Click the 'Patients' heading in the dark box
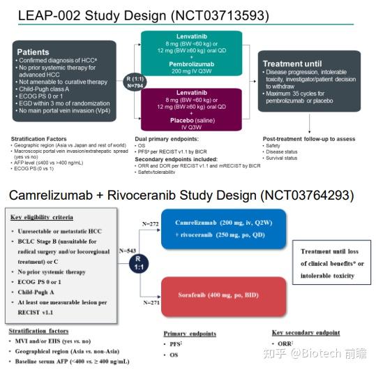point(34,52)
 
